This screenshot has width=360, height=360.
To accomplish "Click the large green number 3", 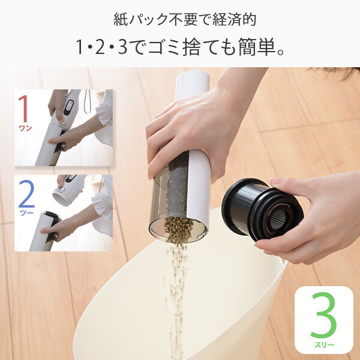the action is [323, 315].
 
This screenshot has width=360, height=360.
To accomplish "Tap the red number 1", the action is [23, 109].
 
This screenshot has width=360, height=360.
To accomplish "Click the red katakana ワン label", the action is [25, 128].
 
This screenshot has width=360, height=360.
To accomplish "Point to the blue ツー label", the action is [27, 213].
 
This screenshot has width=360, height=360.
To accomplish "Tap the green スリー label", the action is [324, 344].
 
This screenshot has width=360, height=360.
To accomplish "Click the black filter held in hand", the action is [262, 209].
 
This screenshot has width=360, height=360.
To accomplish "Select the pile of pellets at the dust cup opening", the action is [178, 230].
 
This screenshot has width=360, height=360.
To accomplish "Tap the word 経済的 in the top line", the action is [234, 19].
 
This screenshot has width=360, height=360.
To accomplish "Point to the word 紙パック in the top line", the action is [141, 19].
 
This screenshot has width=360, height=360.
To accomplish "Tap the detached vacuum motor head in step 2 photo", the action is [67, 190].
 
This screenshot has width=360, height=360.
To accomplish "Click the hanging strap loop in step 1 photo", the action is [87, 101].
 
